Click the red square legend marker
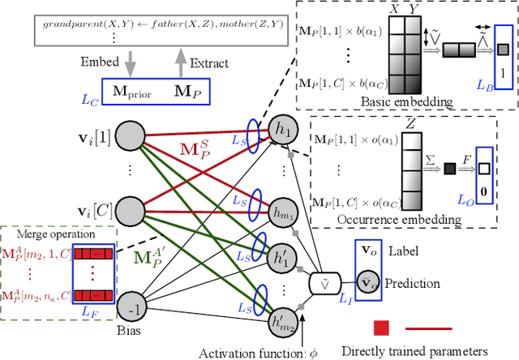[x=380, y=328]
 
